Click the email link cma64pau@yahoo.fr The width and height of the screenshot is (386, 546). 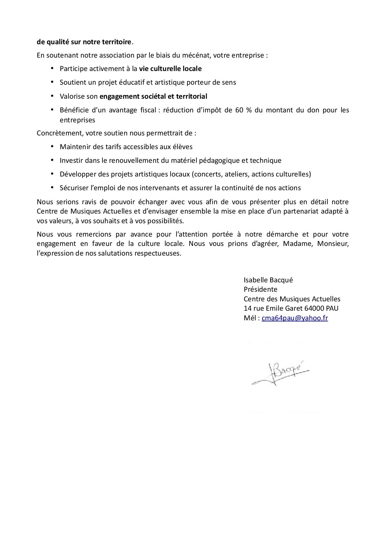[x=294, y=318]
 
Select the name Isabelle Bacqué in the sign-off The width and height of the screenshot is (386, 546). [x=268, y=280]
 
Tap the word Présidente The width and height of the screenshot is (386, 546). [x=260, y=289]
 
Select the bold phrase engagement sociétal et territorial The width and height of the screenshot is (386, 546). [x=153, y=96]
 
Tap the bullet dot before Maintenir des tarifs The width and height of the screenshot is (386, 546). [x=52, y=146]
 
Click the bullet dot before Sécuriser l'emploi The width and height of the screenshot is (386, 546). [x=52, y=187]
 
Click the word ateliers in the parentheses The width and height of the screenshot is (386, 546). [x=236, y=174]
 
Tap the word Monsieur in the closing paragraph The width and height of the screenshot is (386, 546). [x=333, y=243]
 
